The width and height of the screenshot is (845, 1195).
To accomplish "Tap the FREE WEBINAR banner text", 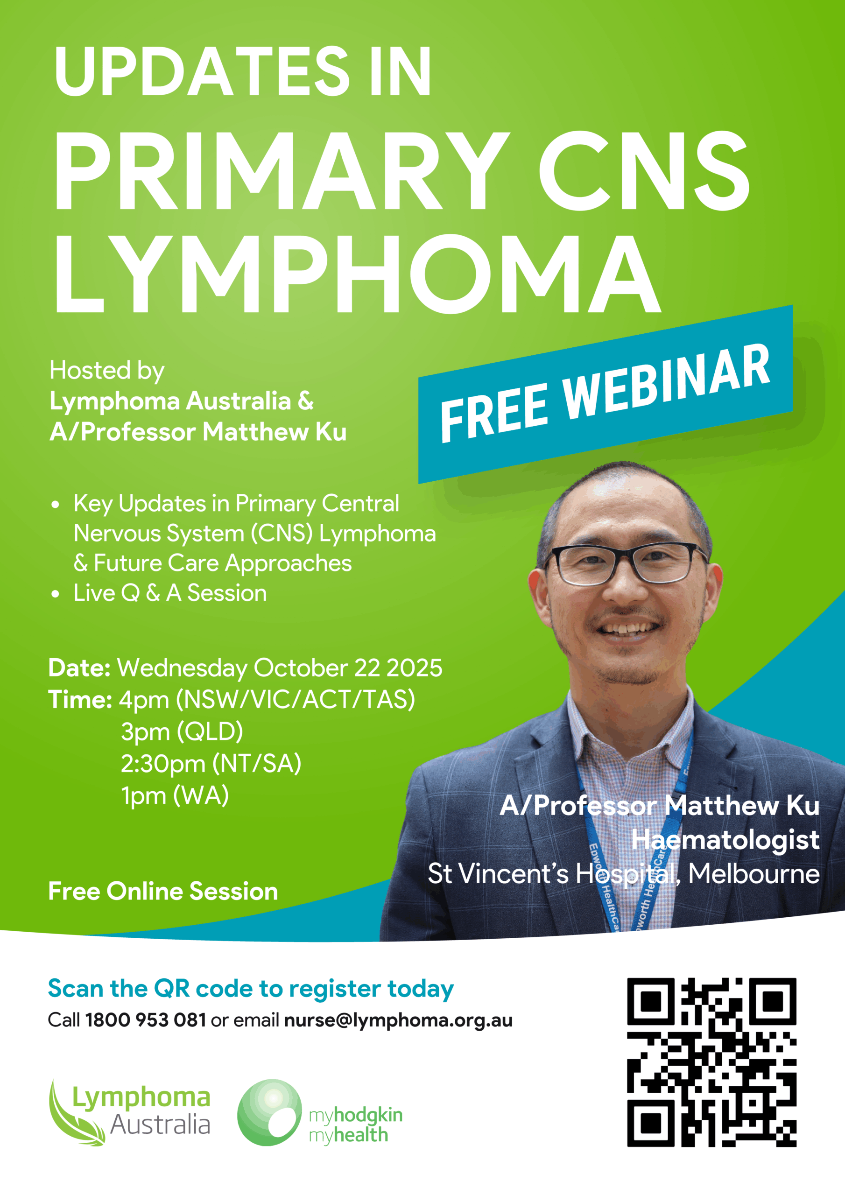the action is pos(605,394).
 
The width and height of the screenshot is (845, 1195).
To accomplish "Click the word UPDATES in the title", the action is pos(202,71).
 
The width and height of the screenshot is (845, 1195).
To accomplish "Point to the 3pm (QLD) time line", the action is pos(182,732).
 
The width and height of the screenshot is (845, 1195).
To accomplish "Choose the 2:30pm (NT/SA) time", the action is pos(211,764).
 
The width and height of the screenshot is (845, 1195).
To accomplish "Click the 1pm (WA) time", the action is pos(175,796).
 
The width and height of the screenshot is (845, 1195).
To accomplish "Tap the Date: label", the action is pos(79,668).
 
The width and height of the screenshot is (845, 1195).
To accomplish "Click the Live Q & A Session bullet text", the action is pos(170,593).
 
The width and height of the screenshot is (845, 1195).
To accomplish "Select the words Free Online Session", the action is pos(163,891).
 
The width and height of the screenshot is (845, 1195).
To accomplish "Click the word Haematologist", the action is pos(726,839).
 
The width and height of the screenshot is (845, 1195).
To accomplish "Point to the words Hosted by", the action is pos(107,371).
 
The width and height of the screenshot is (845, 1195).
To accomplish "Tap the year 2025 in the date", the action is pos(415,668).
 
